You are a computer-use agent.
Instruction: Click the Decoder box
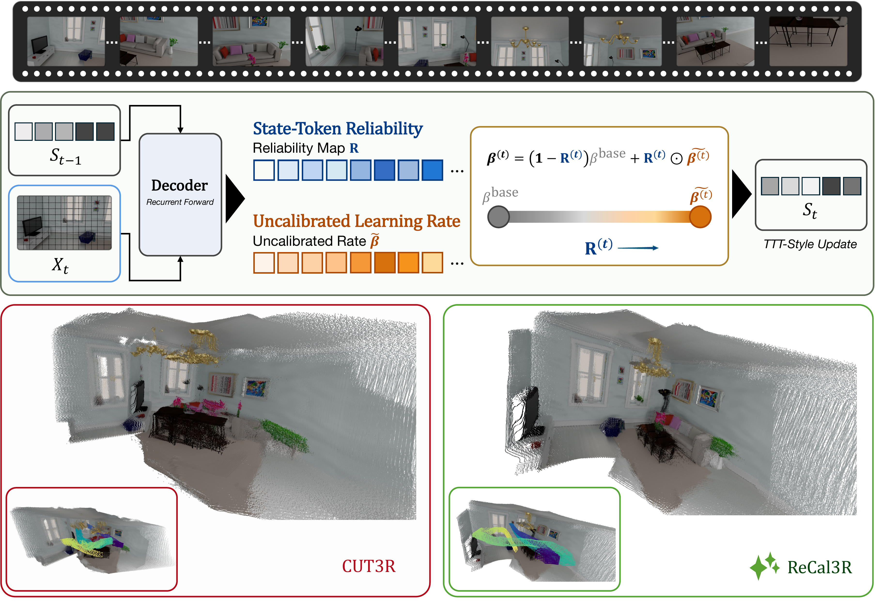click(x=180, y=194)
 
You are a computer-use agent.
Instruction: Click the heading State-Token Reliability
click(x=338, y=129)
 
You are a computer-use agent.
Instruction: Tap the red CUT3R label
click(x=369, y=566)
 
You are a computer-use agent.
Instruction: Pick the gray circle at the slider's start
click(x=498, y=217)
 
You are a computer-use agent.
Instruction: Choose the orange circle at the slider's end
click(x=700, y=217)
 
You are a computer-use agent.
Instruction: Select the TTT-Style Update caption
click(x=810, y=244)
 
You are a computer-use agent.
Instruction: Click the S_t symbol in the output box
click(x=810, y=210)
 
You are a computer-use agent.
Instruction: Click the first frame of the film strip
click(x=66, y=41)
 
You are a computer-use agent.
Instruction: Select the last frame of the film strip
click(x=808, y=41)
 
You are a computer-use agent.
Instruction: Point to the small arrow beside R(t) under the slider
click(x=638, y=248)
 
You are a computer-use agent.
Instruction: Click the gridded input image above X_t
click(x=64, y=223)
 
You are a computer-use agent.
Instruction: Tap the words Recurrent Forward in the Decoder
click(x=180, y=202)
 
